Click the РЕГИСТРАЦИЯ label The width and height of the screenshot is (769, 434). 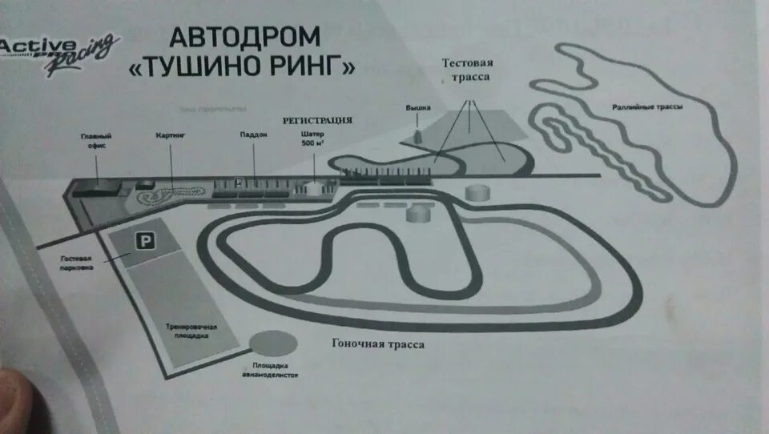(x=317, y=120)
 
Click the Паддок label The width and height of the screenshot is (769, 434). (x=252, y=135)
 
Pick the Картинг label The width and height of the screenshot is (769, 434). (x=170, y=136)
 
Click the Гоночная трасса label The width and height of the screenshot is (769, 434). (x=378, y=344)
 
